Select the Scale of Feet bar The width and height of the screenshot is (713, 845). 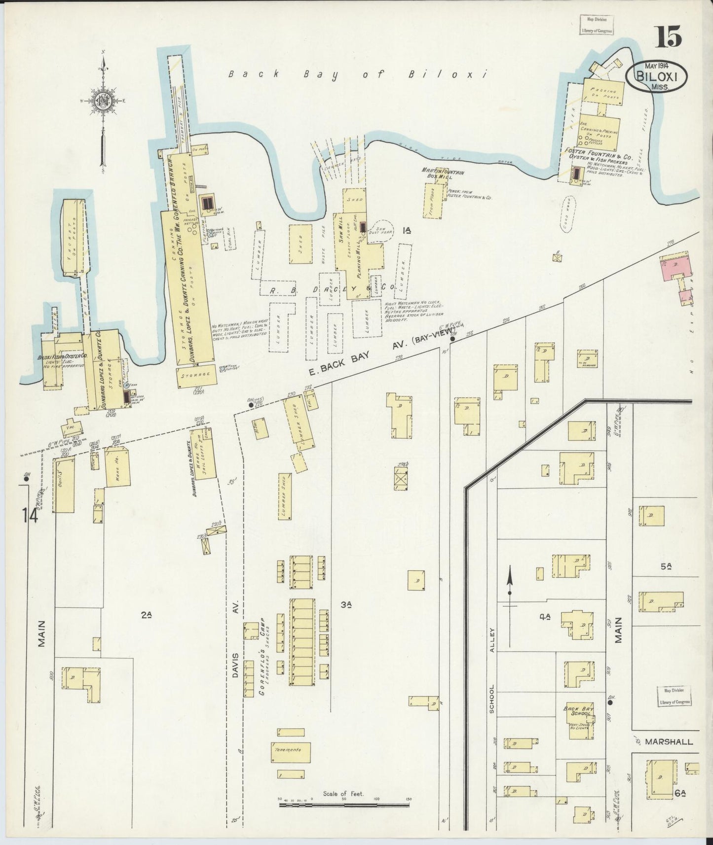[x=344, y=805]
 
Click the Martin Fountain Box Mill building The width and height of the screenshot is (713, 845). [x=434, y=201]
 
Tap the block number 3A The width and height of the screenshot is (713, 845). [x=346, y=604]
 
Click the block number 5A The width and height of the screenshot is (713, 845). [x=666, y=567]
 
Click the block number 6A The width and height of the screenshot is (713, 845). [x=680, y=793]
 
